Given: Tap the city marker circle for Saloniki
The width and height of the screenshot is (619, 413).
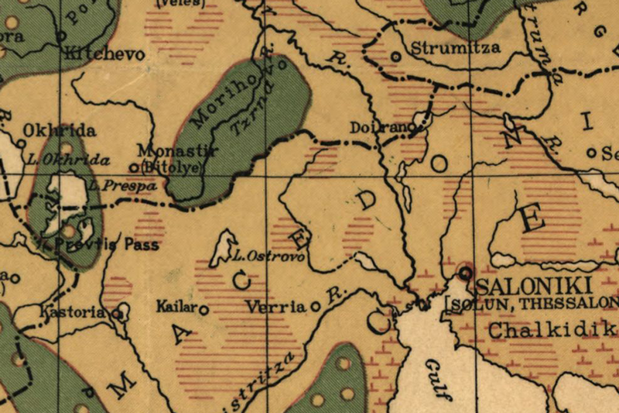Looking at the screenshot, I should [x=464, y=272].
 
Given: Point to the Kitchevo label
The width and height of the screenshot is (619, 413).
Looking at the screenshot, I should [x=96, y=54].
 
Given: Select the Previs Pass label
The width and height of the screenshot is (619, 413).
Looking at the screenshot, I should [x=108, y=245].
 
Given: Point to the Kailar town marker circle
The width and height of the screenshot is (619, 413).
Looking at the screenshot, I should [x=204, y=309].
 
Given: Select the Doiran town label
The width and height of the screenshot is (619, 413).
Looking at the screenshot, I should [x=378, y=127].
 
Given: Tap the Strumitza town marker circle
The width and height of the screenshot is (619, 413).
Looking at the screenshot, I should [x=396, y=56].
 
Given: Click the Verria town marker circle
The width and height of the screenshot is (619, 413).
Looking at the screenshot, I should [x=316, y=307].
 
